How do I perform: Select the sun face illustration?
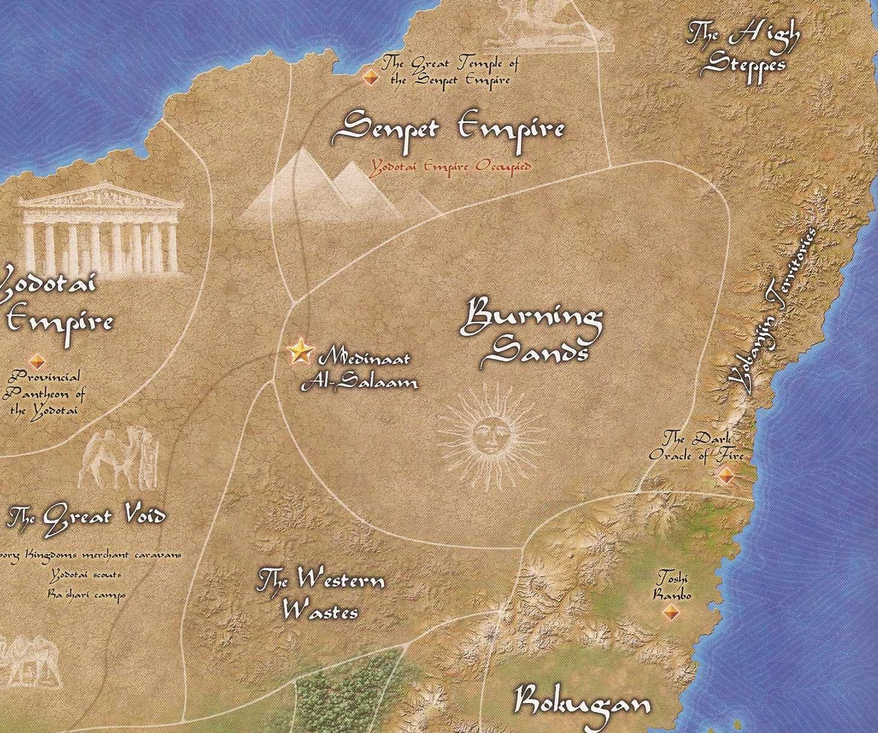click(491, 433)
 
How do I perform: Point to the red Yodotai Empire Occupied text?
click(450, 167)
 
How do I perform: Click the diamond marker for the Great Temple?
click(370, 77)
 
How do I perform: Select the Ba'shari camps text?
click(88, 594)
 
